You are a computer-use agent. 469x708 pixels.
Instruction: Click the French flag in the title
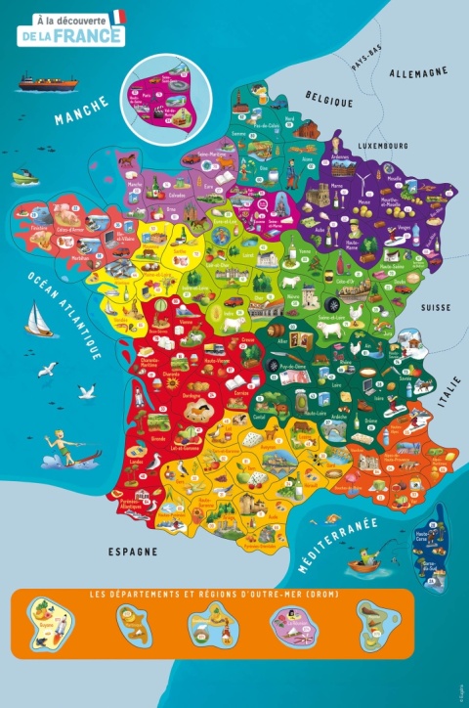[119, 17]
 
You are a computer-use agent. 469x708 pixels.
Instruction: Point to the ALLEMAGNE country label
[417, 72]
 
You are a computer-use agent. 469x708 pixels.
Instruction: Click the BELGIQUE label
[327, 99]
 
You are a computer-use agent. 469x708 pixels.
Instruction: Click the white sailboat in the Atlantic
[38, 318]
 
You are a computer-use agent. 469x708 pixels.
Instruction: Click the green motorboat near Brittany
[23, 178]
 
